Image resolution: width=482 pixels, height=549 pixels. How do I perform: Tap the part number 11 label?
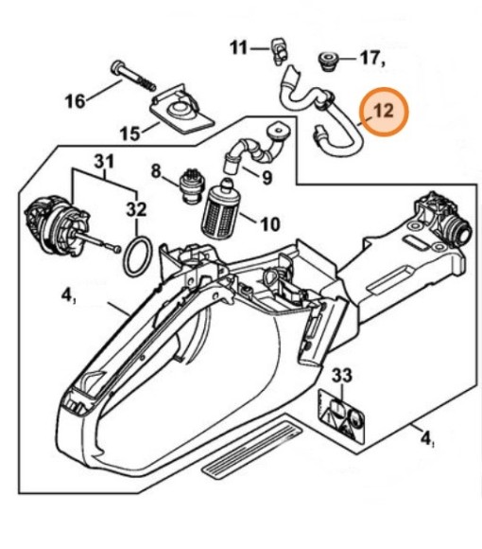[x=238, y=46]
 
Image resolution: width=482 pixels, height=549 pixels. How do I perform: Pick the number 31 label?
[x=104, y=162]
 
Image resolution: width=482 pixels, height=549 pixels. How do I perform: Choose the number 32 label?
[x=137, y=209]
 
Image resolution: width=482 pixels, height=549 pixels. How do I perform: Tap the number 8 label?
[x=156, y=170]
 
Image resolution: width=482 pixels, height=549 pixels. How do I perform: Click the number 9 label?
[x=267, y=176]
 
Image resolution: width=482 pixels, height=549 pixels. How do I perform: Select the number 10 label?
[x=269, y=224]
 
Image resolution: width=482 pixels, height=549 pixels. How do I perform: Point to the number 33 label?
[x=341, y=377]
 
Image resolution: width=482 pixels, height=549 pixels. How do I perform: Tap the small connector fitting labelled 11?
[x=279, y=46]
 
